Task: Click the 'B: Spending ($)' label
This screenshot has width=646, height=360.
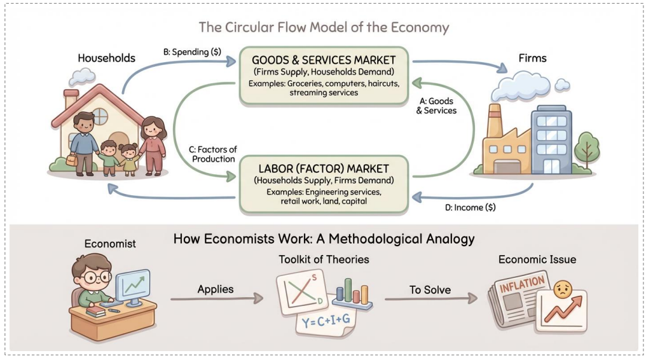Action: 192,52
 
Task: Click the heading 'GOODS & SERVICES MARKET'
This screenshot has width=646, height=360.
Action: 324,60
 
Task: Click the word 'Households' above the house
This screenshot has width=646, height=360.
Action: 106,58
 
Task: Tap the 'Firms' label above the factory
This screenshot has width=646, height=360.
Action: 532,58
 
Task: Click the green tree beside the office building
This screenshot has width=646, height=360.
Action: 586,147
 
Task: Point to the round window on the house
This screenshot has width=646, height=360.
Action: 100,116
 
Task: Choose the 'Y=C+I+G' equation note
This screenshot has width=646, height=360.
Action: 325,322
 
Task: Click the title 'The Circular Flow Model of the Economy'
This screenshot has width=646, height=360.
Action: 324,27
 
